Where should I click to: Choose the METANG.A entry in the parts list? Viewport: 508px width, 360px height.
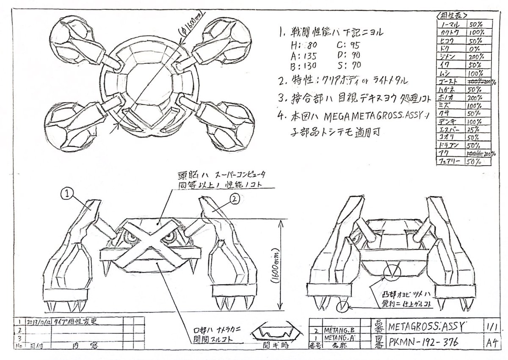[x=339, y=339]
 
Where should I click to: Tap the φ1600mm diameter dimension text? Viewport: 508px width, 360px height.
[x=192, y=27]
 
